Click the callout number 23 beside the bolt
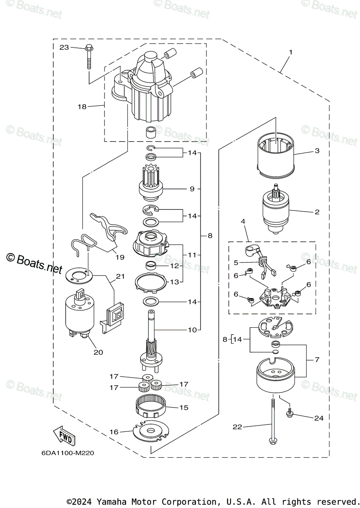tap(64, 47)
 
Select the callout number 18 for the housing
tap(82, 107)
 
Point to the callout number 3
tap(317, 151)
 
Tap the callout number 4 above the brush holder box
tap(243, 221)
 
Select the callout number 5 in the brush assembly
tap(236, 262)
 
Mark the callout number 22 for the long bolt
tap(237, 427)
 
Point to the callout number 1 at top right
tap(291, 52)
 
